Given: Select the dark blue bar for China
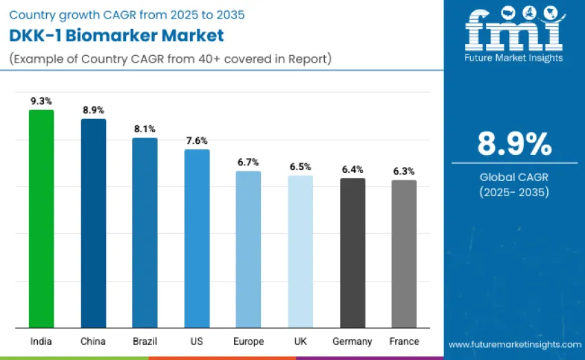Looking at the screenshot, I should (94, 223).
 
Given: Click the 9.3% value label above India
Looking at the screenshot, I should (41, 100).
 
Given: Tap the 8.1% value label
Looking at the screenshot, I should (145, 129).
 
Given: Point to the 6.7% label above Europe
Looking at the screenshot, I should (248, 162).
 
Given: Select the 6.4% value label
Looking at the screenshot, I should (352, 169).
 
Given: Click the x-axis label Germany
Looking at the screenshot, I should (352, 341).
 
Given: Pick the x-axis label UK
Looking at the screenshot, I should (300, 341).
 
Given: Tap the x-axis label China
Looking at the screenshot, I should (94, 341).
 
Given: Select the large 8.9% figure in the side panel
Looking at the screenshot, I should (514, 144).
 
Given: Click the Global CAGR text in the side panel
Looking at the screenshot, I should (514, 178).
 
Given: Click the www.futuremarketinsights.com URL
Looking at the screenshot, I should (514, 343).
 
